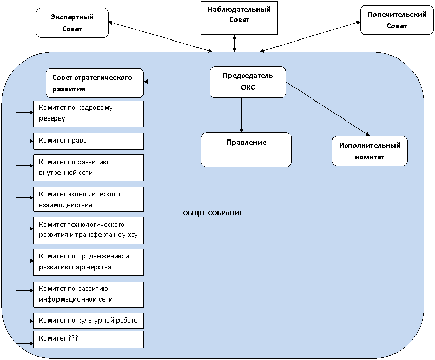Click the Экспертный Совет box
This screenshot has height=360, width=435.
click(72, 23)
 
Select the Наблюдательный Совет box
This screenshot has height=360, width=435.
click(239, 18)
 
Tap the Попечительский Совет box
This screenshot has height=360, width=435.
click(397, 20)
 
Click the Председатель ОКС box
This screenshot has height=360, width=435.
click(248, 82)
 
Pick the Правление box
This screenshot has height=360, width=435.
click(246, 150)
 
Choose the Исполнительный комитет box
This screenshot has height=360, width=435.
click(370, 151)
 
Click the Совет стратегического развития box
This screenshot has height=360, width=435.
click(94, 83)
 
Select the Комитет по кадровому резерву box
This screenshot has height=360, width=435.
click(89, 114)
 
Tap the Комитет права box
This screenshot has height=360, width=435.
click(89, 141)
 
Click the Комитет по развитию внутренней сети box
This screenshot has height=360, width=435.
click(89, 168)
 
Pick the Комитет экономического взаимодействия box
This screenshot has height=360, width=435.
click(89, 199)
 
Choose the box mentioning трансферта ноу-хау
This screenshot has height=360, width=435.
click(89, 230)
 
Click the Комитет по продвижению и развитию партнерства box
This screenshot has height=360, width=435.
click(89, 262)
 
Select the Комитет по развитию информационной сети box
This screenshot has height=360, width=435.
click(89, 294)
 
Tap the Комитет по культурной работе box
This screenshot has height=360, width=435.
click(89, 321)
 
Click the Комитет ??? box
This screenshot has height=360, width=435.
click(89, 339)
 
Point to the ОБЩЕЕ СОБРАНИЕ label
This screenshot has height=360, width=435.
click(213, 213)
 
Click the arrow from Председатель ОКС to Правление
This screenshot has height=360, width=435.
click(242, 115)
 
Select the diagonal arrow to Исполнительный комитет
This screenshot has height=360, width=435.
click(328, 109)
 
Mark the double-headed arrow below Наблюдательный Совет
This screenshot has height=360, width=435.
click(235, 43)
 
